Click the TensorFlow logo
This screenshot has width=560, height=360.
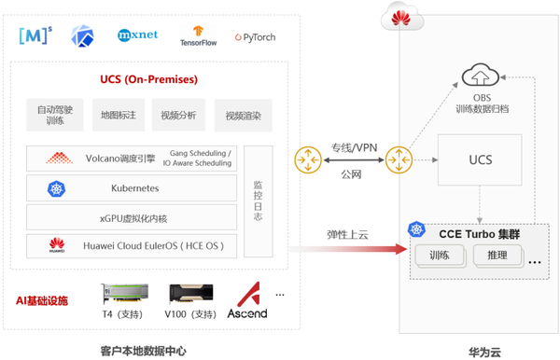[x=198, y=36]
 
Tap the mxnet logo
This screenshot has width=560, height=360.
[x=138, y=36]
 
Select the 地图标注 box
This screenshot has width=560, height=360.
[x=119, y=116]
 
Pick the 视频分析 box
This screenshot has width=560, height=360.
[x=177, y=116]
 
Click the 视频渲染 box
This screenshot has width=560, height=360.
[x=243, y=116]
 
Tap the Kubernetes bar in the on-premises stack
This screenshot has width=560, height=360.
[x=133, y=188]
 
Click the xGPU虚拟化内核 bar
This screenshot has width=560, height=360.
[x=133, y=217]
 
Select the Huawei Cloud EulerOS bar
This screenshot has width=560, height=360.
[x=133, y=246]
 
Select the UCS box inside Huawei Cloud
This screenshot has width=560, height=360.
[x=480, y=160]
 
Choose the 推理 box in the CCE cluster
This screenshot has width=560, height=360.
[x=497, y=255]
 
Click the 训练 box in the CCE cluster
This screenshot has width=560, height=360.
[x=439, y=255]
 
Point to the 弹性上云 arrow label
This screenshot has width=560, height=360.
[x=347, y=234]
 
